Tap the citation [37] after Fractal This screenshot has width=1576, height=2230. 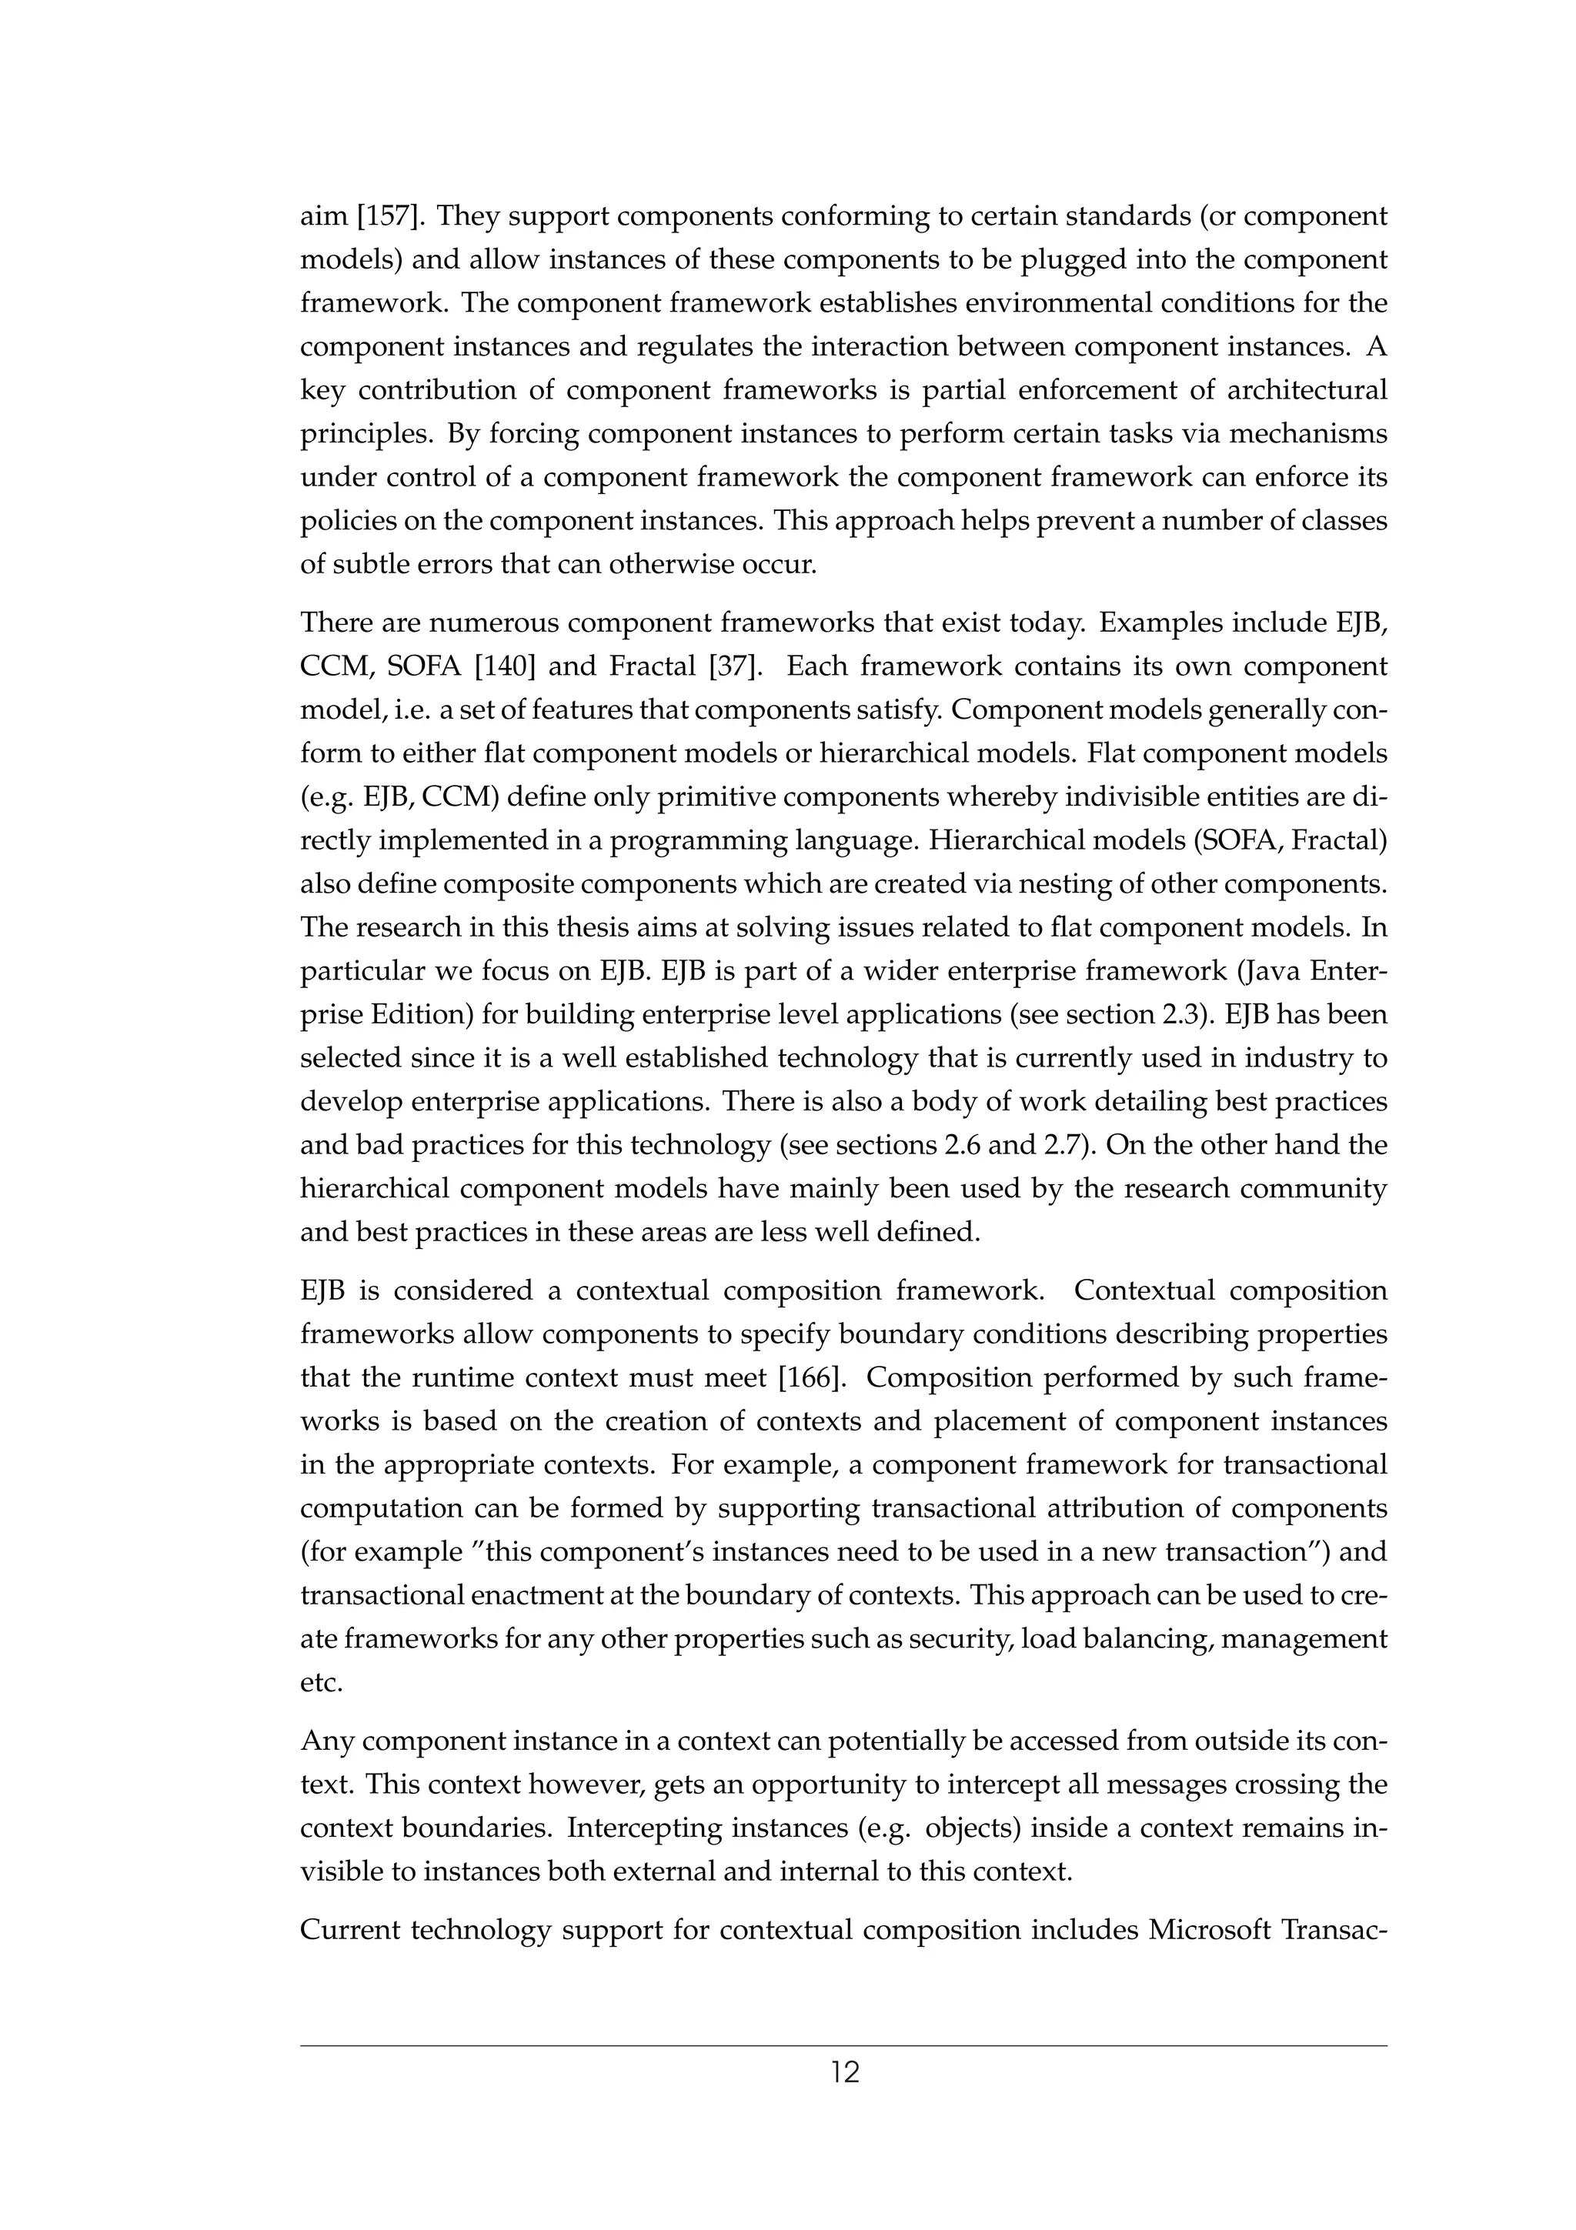click(x=734, y=667)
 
